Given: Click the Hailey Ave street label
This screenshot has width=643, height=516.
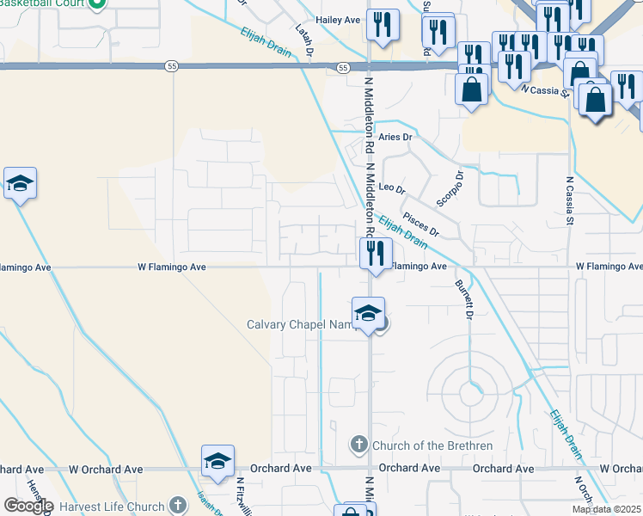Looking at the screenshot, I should tap(338, 19).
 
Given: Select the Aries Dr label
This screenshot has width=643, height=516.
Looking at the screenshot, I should tap(395, 137).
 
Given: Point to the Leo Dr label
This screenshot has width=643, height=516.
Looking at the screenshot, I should tap(391, 187).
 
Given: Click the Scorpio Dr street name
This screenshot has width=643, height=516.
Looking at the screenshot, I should tap(450, 188).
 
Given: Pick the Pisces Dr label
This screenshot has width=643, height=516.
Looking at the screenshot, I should tap(421, 225).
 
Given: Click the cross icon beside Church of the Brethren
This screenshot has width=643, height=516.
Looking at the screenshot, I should tap(359, 445).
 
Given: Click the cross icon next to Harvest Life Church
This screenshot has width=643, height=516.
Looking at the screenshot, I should tap(177, 506).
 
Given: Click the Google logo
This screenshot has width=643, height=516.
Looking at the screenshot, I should tap(28, 506).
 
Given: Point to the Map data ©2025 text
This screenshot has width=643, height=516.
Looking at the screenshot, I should tap(607, 509).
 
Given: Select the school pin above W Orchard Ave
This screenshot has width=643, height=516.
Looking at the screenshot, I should tap(217, 461).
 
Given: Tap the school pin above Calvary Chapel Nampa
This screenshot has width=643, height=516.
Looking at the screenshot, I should tap(368, 313).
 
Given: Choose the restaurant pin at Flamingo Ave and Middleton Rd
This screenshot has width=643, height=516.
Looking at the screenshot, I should tap(376, 254).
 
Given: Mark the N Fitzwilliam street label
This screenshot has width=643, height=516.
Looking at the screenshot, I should tap(242, 496).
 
